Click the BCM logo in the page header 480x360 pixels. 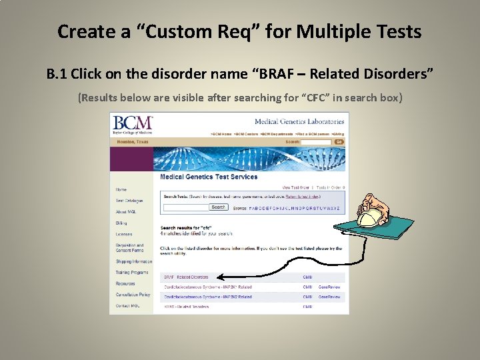(x=133, y=124)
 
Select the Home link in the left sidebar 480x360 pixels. (x=121, y=189)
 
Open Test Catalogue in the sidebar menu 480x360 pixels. (x=129, y=201)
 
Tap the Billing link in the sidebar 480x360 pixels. (x=121, y=223)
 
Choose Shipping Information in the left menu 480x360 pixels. (x=133, y=261)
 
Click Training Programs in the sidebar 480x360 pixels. (x=131, y=273)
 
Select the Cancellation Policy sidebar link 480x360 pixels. (x=133, y=295)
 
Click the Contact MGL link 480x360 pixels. (x=127, y=305)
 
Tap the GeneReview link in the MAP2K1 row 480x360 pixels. (x=329, y=287)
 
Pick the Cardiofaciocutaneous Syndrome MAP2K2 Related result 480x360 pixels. (x=207, y=297)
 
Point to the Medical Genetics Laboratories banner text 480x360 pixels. (x=299, y=121)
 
